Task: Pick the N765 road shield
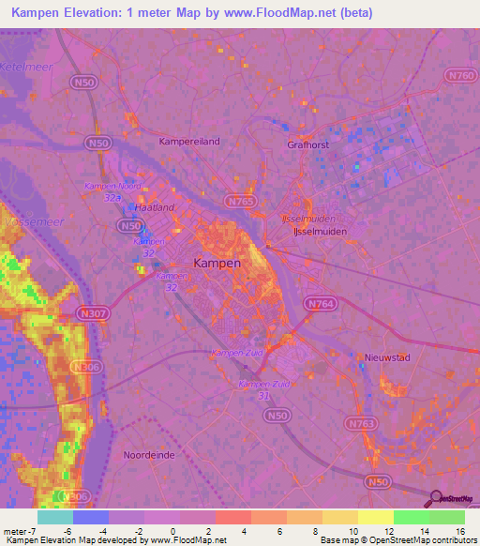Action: (x=238, y=201)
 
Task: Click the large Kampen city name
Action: (x=217, y=264)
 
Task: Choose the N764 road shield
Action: (x=318, y=303)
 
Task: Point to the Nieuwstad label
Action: (x=388, y=357)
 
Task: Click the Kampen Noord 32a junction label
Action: (x=112, y=191)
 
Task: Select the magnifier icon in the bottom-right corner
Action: (x=436, y=498)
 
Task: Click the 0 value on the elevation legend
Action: (x=174, y=531)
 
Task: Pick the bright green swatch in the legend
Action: (x=412, y=517)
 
